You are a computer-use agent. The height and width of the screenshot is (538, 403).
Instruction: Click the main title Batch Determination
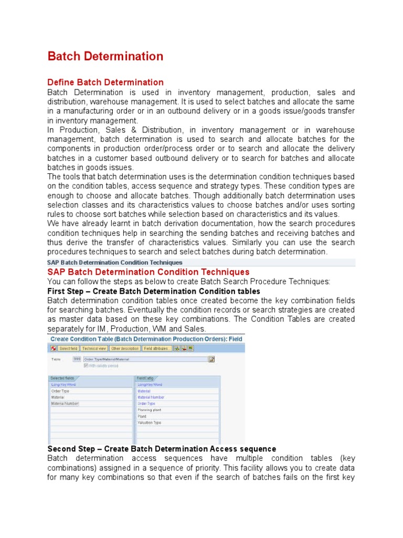(105, 56)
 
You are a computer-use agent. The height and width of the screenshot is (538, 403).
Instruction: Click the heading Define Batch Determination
(105, 82)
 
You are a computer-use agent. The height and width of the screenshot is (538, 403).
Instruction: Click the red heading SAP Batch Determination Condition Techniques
(149, 272)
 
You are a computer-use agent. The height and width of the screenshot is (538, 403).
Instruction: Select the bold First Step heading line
(154, 291)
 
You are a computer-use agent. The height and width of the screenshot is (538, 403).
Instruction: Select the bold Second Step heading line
(162, 449)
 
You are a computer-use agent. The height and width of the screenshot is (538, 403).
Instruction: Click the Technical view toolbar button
(94, 348)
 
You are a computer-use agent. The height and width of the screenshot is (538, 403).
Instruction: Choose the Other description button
(125, 348)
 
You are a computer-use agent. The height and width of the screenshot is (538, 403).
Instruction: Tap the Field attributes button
(156, 348)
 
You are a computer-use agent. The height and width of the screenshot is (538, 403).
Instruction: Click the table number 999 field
(77, 359)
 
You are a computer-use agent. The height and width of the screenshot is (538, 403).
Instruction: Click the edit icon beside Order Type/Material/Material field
(211, 359)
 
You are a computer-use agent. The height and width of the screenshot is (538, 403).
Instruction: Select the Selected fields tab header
(63, 378)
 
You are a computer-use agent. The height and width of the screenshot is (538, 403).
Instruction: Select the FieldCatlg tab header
(145, 378)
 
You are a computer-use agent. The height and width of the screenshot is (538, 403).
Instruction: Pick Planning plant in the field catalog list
(150, 410)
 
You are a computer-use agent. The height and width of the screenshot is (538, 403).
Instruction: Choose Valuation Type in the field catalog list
(150, 422)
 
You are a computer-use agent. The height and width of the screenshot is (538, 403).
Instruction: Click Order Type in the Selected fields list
(60, 391)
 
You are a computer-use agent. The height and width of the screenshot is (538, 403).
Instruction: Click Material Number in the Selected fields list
(65, 403)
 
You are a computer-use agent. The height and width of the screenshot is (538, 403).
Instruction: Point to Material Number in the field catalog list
(151, 397)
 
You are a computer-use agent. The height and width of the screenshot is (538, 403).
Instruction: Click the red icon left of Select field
(53, 348)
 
